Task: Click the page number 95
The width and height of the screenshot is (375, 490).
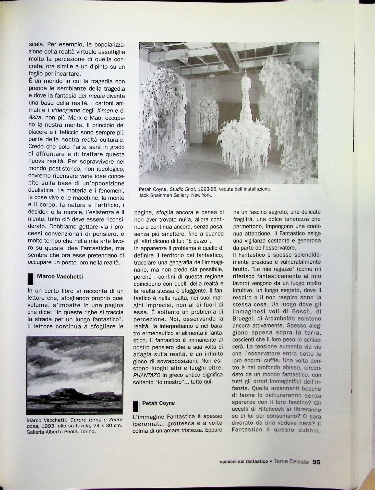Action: click(316, 462)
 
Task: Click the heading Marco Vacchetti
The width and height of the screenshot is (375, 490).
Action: click(60, 276)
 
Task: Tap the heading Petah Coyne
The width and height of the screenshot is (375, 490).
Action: click(159, 403)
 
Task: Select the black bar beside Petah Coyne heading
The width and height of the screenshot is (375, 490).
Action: click(136, 406)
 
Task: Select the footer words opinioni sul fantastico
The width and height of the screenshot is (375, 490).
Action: click(244, 462)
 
